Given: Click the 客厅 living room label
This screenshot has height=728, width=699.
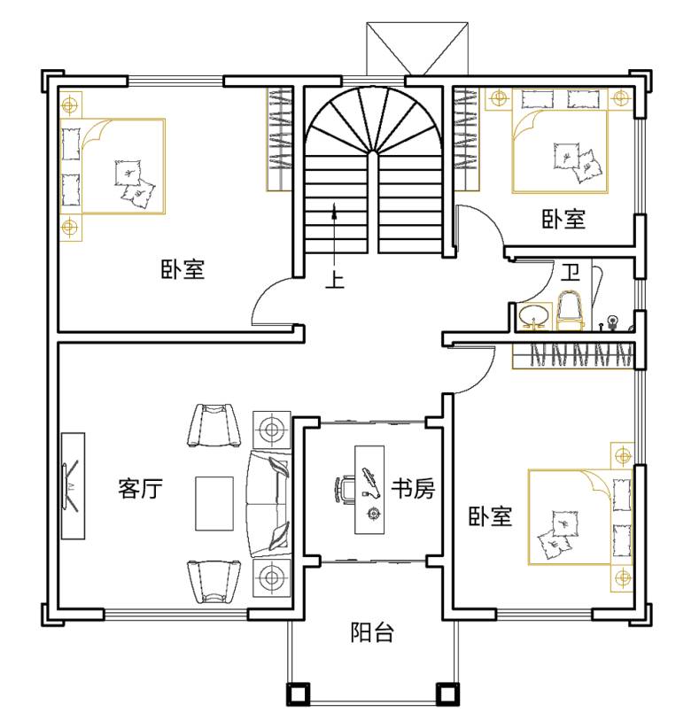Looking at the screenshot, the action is point(140,488).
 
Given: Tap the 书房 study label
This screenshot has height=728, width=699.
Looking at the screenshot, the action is point(413,488).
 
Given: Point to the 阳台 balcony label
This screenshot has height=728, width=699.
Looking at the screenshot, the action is point(372,632).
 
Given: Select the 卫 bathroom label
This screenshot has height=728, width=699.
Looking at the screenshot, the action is point(571,272).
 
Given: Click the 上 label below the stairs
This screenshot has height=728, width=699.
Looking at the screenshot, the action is point(335,279).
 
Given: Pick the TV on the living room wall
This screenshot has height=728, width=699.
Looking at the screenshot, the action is point(73,486).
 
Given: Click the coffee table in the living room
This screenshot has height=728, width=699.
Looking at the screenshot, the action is point(214,503).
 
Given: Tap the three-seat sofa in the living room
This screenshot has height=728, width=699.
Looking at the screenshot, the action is point(269,503).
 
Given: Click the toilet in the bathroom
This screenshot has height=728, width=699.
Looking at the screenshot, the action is point(571,310).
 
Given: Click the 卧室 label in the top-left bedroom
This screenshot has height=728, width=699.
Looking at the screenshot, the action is point(183,269).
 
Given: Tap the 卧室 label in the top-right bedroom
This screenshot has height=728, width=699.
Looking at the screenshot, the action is point(563,219).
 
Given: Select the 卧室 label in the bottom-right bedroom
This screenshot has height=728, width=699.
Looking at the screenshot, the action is point(490,516).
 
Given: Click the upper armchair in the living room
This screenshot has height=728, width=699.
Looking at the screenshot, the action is point(214,425).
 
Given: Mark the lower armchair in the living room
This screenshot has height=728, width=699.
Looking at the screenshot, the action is point(214,581).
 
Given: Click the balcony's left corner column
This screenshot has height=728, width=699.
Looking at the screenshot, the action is point(298,693).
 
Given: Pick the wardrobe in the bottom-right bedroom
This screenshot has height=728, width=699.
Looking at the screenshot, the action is point(573,356).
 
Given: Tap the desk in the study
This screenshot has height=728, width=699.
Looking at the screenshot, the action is point(369,490).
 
